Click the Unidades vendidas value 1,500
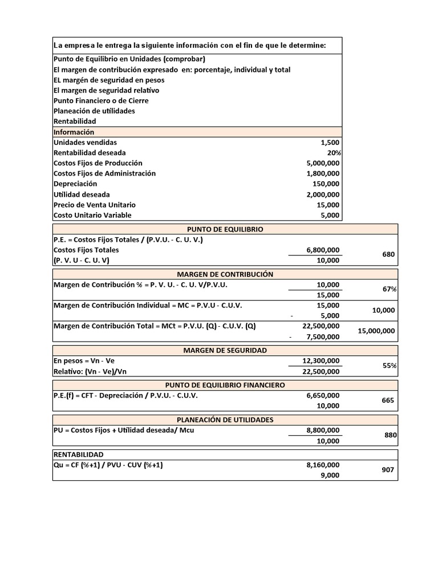[330, 143]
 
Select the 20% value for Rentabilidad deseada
[334, 153]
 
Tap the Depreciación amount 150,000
[326, 184]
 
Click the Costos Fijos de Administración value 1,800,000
[323, 173]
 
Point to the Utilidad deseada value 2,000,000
[323, 194]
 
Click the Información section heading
[74, 132]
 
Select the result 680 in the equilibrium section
[388, 255]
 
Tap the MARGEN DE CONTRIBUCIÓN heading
[225, 274]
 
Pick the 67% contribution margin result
[390, 289]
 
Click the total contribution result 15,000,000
[376, 331]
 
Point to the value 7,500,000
[323, 336]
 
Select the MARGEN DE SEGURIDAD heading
[225, 350]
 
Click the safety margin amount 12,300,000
[321, 360]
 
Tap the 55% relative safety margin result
[390, 366]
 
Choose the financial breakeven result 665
[388, 400]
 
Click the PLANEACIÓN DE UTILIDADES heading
[225, 420]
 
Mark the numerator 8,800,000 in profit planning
[323, 430]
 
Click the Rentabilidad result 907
[388, 470]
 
